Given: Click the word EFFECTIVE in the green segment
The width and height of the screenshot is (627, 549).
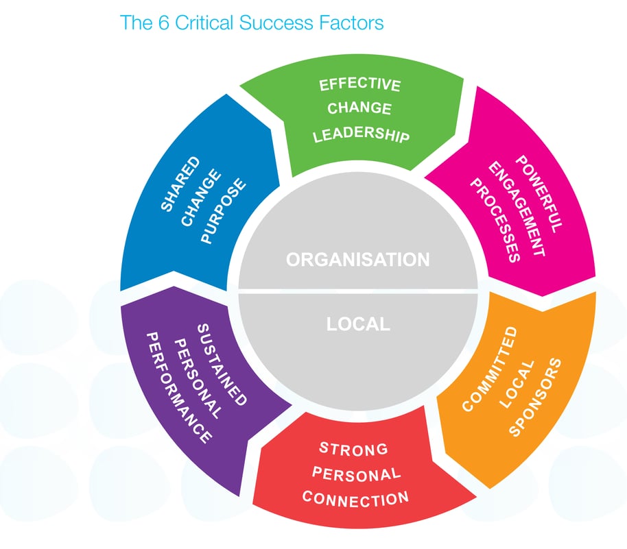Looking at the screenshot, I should click(360, 85).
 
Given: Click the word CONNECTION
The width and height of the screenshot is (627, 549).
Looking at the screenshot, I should click(355, 498).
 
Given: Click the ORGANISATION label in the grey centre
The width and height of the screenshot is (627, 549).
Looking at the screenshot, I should click(357, 260).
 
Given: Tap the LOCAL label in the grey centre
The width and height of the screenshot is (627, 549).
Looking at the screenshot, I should click(357, 324).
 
